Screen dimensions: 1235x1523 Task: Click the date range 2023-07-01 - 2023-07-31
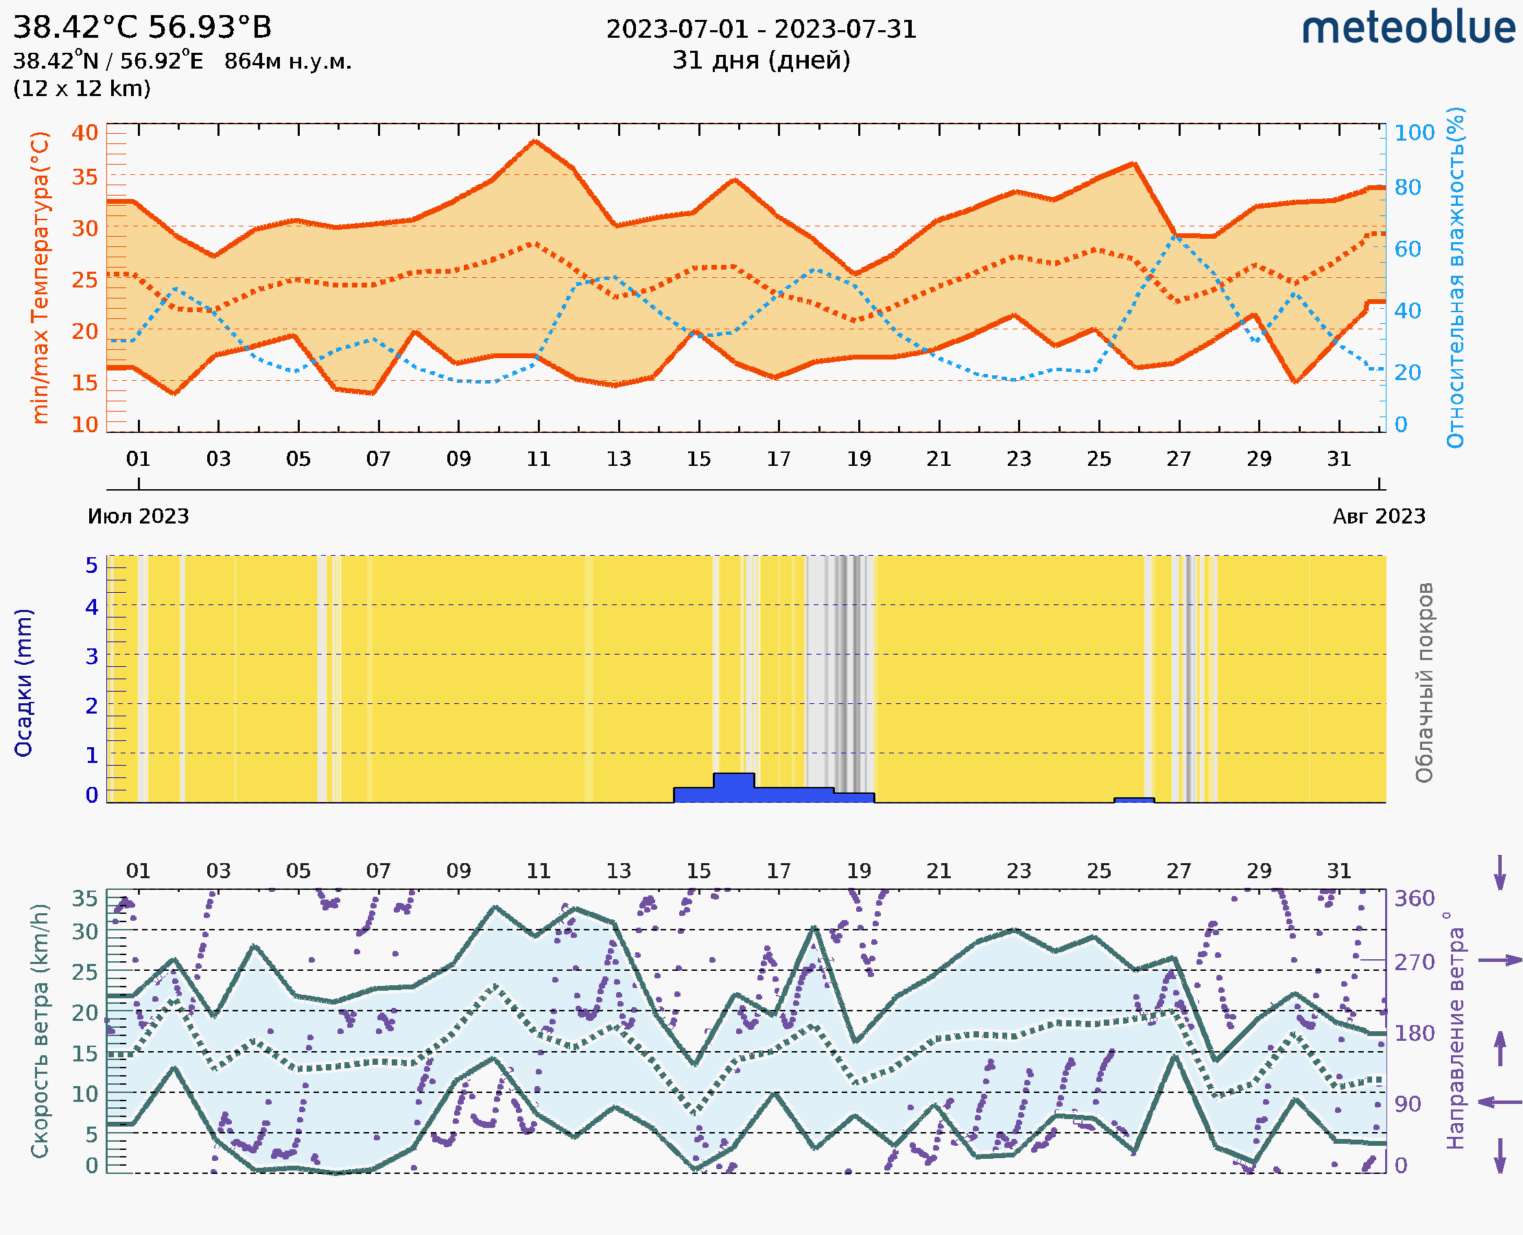click(x=761, y=30)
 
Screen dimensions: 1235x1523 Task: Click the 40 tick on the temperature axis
click(x=84, y=133)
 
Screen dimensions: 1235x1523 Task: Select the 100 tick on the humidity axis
click(x=1414, y=133)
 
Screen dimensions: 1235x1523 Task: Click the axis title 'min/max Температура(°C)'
click(x=40, y=277)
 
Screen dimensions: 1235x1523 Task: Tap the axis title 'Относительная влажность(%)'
click(x=1455, y=277)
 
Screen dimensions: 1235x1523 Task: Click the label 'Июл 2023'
click(x=138, y=517)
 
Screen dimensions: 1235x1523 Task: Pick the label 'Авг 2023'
click(x=1379, y=517)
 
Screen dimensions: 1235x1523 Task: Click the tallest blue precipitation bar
click(x=733, y=788)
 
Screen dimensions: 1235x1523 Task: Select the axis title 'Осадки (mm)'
click(x=23, y=683)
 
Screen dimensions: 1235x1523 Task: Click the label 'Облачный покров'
click(x=1424, y=683)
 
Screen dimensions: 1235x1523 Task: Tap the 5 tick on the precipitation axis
click(x=92, y=565)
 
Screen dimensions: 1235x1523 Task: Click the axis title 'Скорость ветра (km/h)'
click(x=40, y=1031)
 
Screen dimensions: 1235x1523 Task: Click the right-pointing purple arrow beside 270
click(x=1500, y=961)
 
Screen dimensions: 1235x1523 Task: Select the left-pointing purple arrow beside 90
click(x=1500, y=1103)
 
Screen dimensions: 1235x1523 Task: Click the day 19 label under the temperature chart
click(x=859, y=459)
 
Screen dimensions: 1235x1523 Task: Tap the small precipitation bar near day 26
click(x=1133, y=800)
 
